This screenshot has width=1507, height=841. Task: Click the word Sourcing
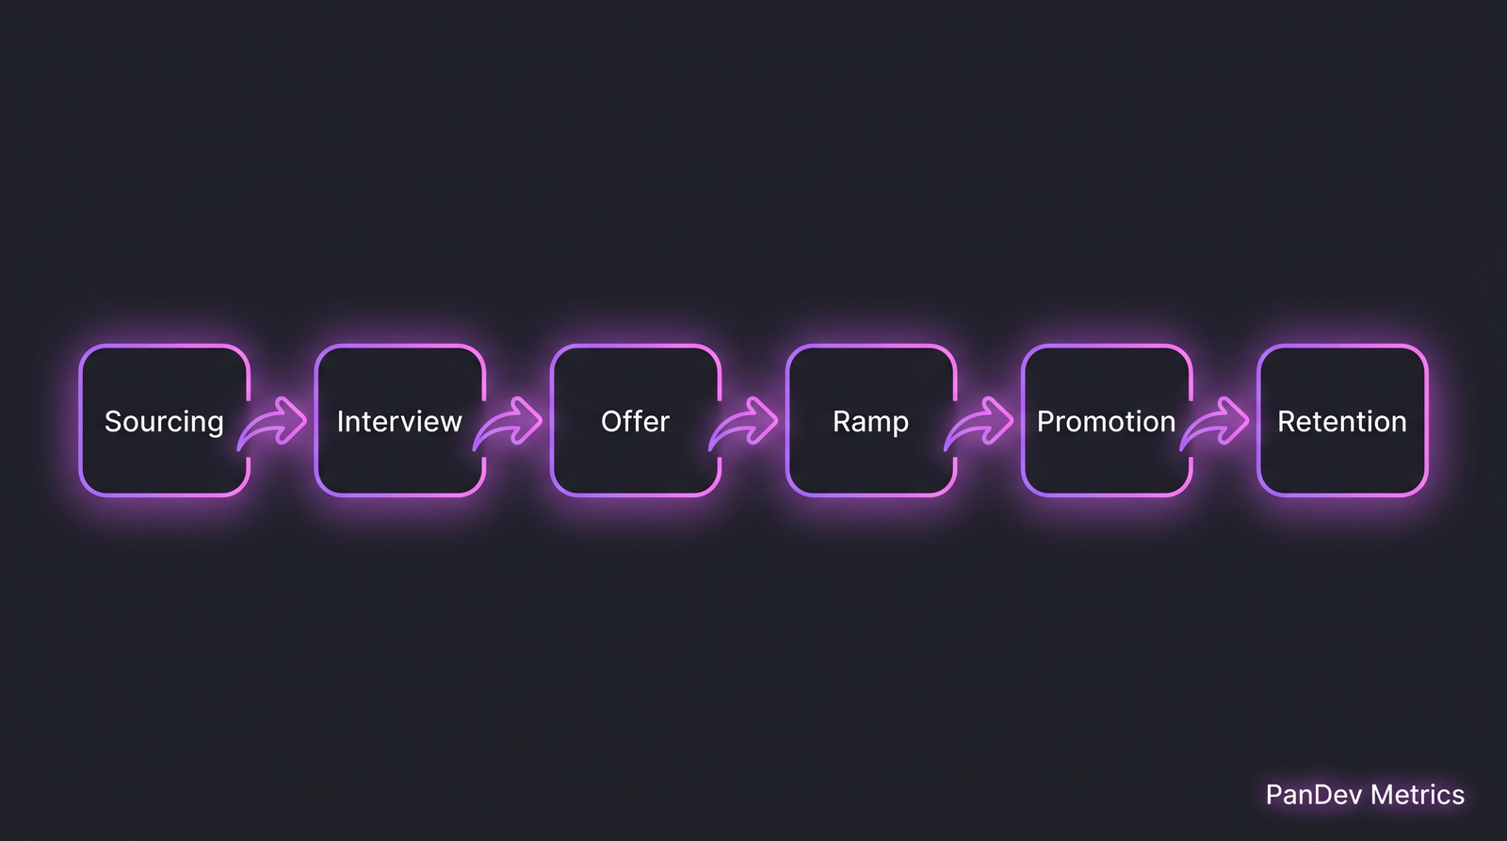tap(164, 422)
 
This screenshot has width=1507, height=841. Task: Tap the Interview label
tap(399, 421)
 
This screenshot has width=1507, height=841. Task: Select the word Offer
tap(635, 421)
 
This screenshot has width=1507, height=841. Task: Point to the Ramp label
tap(870, 422)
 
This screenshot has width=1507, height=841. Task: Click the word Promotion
tap(1106, 421)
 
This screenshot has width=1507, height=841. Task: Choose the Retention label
tap(1341, 421)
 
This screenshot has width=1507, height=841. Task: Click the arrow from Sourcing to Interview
tap(275, 422)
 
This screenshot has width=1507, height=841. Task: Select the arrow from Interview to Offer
tap(510, 422)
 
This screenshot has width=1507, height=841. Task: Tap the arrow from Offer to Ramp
tap(746, 422)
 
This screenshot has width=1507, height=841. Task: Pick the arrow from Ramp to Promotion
tap(981, 422)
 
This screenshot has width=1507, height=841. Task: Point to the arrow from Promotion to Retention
tap(1217, 422)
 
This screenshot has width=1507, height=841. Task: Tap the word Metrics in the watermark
tap(1418, 795)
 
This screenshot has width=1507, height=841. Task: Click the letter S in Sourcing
tap(112, 421)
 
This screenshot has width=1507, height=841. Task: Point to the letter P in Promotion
tap(1045, 421)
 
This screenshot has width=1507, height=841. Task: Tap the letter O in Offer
tap(611, 421)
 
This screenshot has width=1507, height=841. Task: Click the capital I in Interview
tap(340, 421)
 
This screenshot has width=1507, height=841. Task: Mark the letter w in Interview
tap(452, 422)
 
